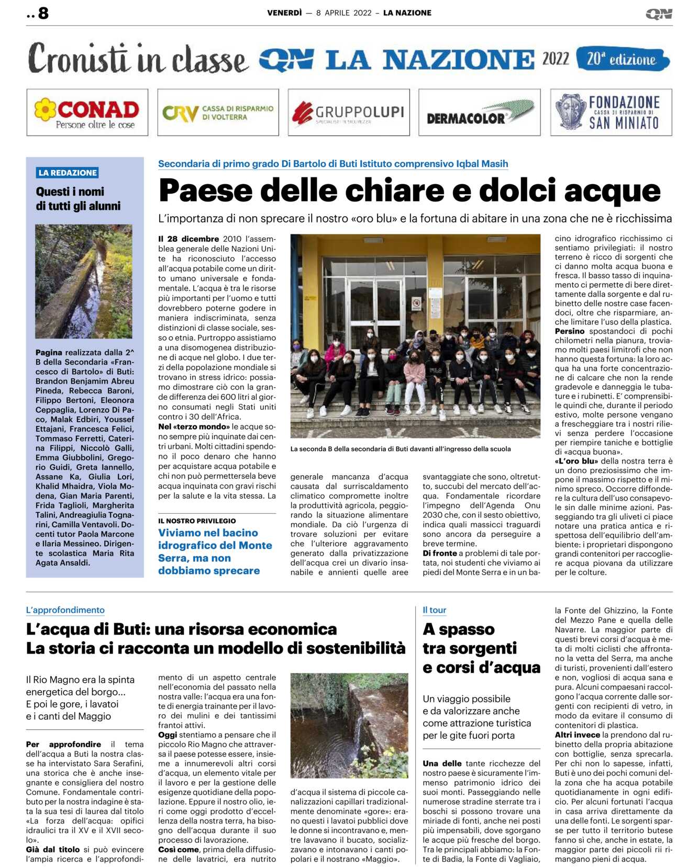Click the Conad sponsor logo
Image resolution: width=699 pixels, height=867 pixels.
[87, 112]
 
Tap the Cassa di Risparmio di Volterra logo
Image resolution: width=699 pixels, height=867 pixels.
[218, 112]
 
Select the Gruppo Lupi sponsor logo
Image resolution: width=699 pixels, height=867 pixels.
[348, 112]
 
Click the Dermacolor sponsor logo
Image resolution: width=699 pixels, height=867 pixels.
[479, 112]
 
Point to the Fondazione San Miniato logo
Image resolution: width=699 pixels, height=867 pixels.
[611, 112]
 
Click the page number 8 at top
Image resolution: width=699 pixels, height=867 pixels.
[43, 13]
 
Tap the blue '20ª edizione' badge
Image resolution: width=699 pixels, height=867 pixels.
[622, 59]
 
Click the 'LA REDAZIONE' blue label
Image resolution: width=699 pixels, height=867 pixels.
[68, 173]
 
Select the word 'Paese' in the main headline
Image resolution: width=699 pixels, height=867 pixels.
[206, 190]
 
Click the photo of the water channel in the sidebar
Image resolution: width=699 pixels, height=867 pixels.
[84, 281]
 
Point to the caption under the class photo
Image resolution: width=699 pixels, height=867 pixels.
[401, 449]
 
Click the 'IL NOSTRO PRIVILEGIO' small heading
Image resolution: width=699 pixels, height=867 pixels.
[197, 521]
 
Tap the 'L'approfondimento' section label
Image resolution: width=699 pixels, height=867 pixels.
[65, 610]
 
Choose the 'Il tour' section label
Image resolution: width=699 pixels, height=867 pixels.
[435, 610]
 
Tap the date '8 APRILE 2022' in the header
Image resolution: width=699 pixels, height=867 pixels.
[343, 13]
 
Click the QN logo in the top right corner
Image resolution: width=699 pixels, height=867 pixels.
[659, 14]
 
